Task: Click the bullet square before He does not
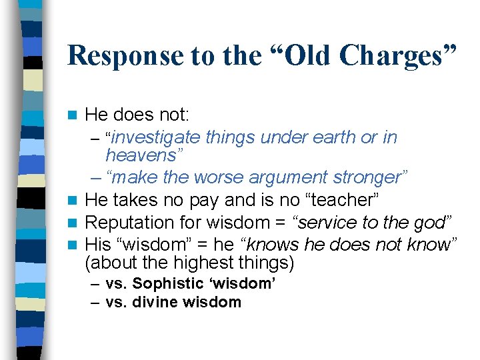click(78, 115)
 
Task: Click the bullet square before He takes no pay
click(78, 200)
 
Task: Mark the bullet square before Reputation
click(78, 222)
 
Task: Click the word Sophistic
click(164, 284)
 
